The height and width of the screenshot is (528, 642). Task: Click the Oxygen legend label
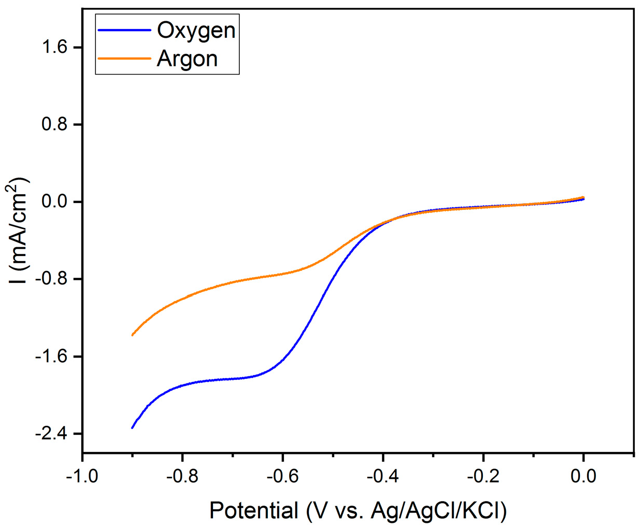click(x=196, y=31)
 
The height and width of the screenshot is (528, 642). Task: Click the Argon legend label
click(x=187, y=59)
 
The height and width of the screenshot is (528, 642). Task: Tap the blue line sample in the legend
click(x=124, y=31)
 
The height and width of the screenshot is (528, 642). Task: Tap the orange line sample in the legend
click(x=124, y=59)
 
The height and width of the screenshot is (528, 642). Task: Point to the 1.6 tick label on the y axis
click(x=54, y=47)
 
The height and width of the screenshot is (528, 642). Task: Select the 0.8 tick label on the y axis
click(x=54, y=124)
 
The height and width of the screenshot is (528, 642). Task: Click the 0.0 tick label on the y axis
click(x=54, y=202)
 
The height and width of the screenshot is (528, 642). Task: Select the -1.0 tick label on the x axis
click(x=82, y=476)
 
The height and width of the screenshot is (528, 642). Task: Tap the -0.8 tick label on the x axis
click(x=182, y=476)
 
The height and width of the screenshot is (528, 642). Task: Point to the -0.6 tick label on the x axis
click(x=282, y=476)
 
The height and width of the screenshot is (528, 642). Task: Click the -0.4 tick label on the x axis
click(x=383, y=476)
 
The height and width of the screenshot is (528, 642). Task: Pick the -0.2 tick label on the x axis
click(x=483, y=476)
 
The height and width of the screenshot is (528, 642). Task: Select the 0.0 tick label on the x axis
click(x=583, y=476)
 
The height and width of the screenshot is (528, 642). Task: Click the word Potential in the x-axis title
click(x=254, y=511)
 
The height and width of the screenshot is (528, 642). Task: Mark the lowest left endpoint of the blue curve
click(x=133, y=427)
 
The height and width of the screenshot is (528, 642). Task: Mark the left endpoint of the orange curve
click(x=133, y=335)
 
